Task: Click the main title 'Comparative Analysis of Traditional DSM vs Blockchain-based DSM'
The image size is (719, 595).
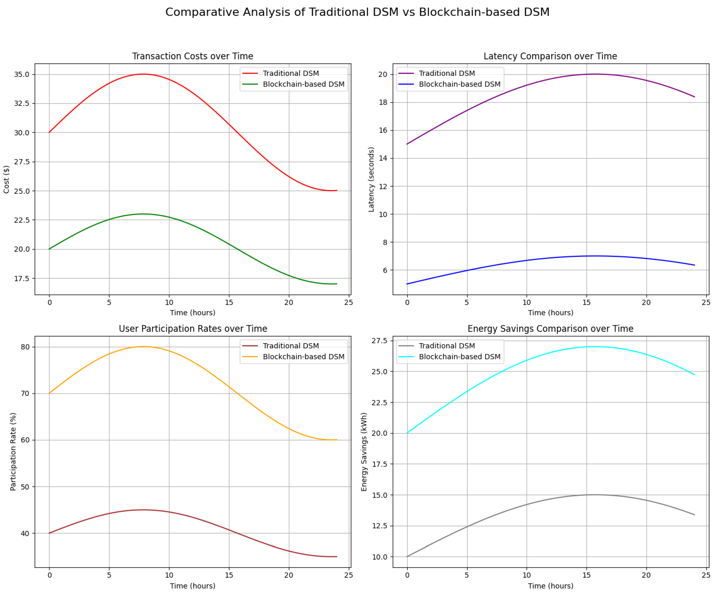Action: coord(357,12)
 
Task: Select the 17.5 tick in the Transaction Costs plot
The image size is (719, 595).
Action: coord(22,278)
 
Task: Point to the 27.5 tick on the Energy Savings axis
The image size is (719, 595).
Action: coord(380,341)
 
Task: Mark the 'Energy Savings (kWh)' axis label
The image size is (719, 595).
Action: coord(364,451)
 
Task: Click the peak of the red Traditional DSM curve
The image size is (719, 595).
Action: coord(143,74)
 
